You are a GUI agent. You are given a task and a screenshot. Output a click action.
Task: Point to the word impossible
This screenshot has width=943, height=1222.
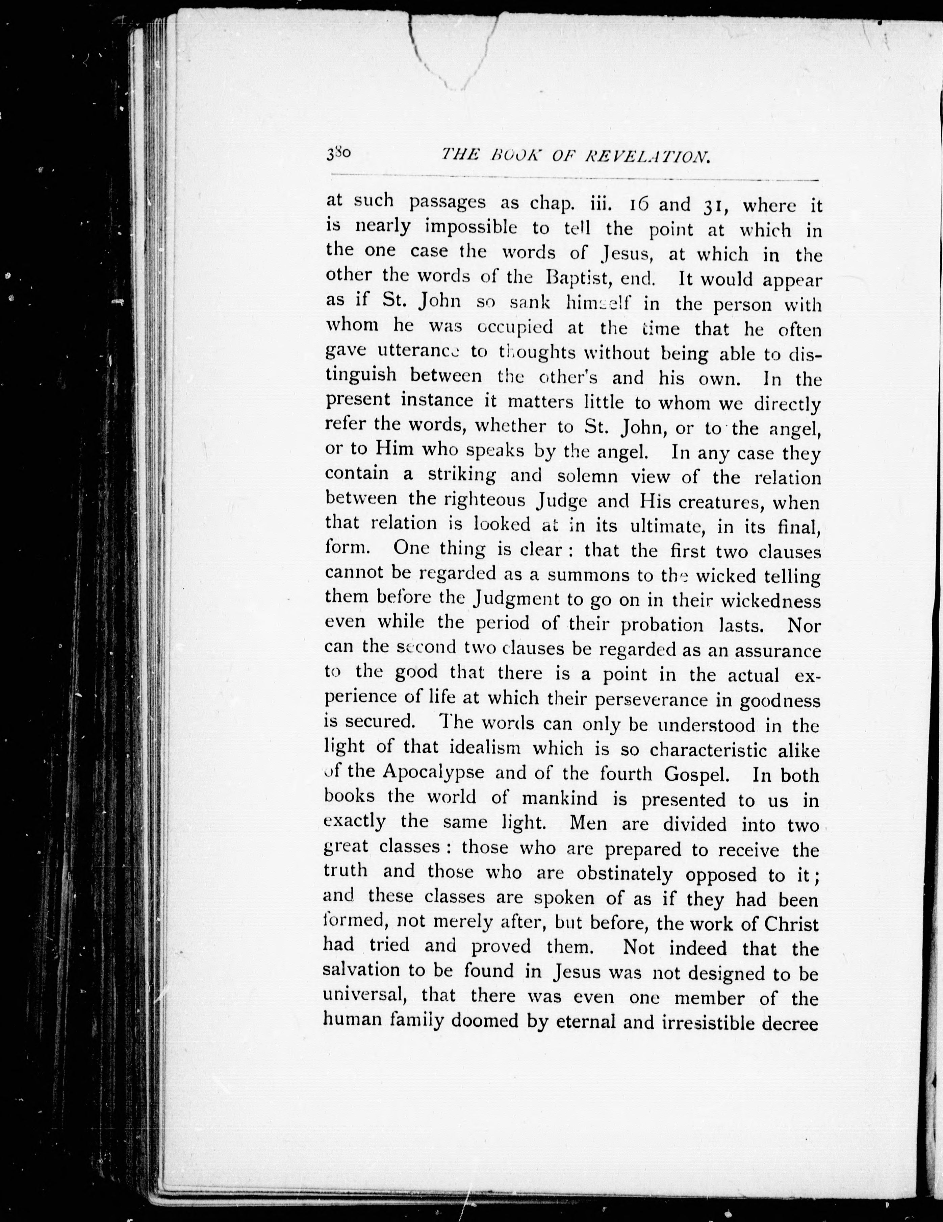click(471, 228)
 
